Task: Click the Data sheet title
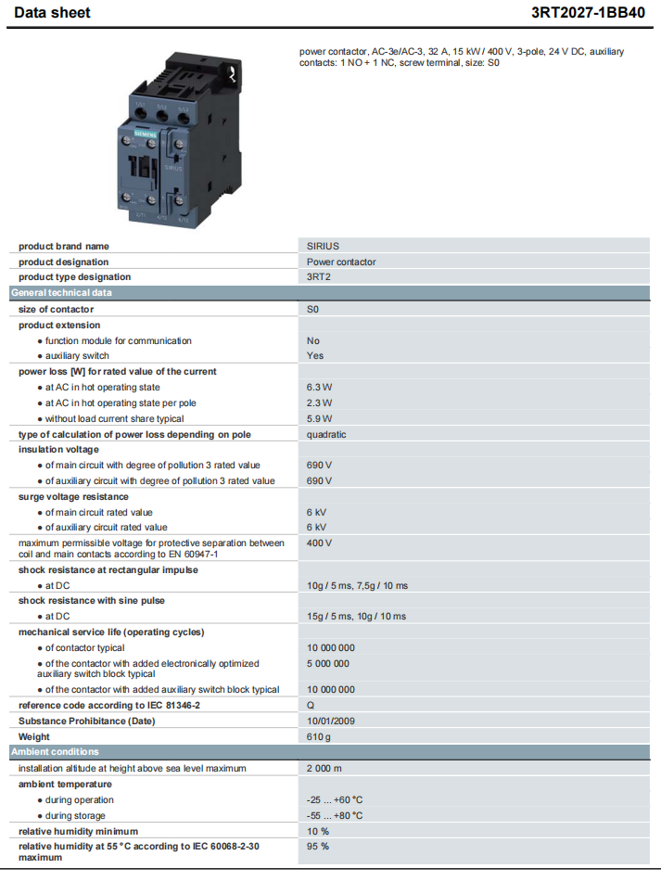(52, 13)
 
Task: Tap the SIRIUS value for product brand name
(323, 247)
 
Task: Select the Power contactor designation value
(341, 262)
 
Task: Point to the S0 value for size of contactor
(313, 309)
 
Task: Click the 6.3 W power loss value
(319, 388)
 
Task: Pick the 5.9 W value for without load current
(319, 419)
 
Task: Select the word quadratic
(326, 434)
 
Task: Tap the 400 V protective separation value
(319, 543)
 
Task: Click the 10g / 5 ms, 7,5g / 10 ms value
(357, 586)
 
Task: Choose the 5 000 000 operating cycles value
(328, 664)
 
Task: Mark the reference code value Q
(311, 706)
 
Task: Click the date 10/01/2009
(330, 721)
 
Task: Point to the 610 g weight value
(318, 736)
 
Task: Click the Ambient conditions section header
(55, 752)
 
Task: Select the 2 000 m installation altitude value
(324, 769)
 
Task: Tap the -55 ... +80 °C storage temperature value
(334, 816)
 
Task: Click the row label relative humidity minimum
(78, 832)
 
